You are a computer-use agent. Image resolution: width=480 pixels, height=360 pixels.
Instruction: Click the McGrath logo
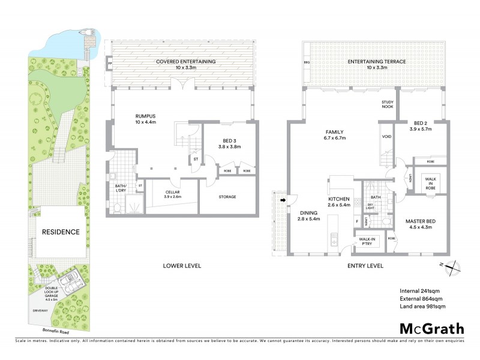pos(432,328)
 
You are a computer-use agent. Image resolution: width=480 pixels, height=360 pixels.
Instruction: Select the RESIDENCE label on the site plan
pos(61,232)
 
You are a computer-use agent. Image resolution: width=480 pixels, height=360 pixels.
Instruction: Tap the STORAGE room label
pos(227,197)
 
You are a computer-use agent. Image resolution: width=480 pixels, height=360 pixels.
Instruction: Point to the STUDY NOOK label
pos(387,105)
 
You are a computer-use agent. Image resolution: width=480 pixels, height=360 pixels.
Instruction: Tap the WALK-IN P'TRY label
pos(367,242)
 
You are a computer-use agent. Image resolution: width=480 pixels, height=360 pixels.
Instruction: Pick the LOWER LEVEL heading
pos(182,265)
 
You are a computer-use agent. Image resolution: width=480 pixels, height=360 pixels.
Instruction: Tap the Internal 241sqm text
pos(422,291)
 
